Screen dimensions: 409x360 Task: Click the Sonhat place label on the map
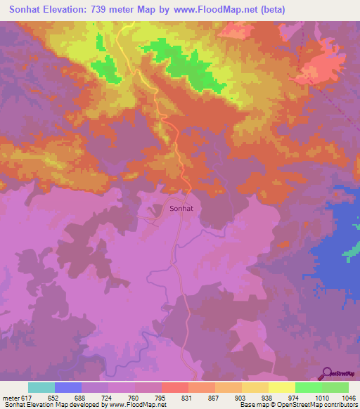coord(181,209)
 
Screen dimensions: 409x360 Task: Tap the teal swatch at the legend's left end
coord(41,387)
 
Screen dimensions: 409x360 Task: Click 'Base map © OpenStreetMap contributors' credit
coord(298,405)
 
